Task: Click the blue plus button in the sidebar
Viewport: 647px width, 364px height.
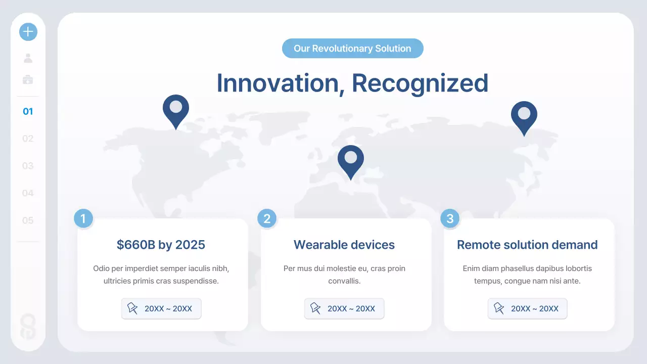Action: pos(28,32)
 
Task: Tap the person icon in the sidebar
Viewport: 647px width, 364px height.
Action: pos(28,58)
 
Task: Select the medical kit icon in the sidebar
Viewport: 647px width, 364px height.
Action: pos(28,79)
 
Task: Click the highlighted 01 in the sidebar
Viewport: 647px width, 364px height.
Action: pos(28,111)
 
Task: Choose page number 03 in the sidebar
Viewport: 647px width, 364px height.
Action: pos(28,166)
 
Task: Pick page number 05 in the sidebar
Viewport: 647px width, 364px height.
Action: pos(28,220)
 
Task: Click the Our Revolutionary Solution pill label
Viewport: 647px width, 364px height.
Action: pos(352,49)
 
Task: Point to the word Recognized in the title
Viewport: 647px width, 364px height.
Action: pos(420,83)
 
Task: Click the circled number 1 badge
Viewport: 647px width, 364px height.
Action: pos(83,219)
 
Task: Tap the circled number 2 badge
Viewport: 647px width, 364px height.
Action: pos(267,219)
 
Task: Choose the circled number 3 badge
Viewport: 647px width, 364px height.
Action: pos(450,219)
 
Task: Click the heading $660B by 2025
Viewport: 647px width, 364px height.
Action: pos(161,245)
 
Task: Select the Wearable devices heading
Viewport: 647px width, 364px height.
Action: pos(344,245)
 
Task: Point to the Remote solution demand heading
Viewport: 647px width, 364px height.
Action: pos(527,245)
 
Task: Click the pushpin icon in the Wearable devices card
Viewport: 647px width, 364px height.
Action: pos(315,308)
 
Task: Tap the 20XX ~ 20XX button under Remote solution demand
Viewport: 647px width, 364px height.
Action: pos(527,308)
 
